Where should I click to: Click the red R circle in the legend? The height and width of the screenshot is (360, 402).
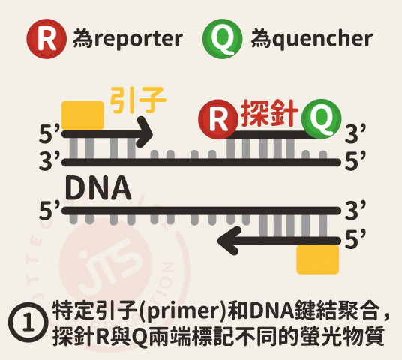tap(46, 39)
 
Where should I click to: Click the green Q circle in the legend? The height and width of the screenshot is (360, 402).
tap(222, 39)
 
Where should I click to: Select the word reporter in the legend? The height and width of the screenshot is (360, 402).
tap(138, 40)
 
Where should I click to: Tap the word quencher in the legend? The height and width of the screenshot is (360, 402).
tap(322, 39)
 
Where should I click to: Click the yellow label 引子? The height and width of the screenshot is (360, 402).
tap(138, 100)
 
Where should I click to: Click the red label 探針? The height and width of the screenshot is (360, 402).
tap(269, 113)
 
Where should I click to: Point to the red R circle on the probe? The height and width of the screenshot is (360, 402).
tap(218, 119)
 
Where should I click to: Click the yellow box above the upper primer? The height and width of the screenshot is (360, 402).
tap(82, 115)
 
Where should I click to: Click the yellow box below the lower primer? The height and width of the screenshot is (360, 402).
tap(318, 259)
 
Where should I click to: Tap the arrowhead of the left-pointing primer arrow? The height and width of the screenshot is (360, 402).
tap(227, 241)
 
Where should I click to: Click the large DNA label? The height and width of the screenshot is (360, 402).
tap(98, 188)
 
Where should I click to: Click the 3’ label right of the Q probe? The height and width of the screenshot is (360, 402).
tap(355, 133)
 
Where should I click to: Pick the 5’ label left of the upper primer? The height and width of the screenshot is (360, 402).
tap(49, 133)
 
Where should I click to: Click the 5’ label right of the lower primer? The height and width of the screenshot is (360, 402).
tap(355, 240)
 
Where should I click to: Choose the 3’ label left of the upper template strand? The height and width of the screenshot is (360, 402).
tap(49, 161)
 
